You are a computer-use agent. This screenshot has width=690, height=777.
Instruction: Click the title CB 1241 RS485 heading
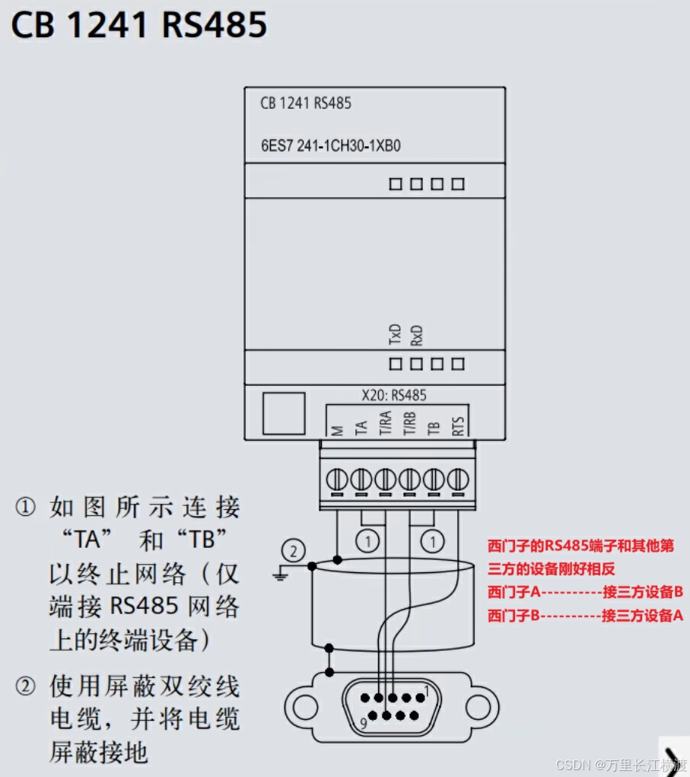(139, 26)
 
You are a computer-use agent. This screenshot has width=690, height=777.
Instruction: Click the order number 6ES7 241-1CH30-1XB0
(330, 145)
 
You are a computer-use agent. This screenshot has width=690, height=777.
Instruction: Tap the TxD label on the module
(395, 335)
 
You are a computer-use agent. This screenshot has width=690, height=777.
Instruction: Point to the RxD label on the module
(416, 335)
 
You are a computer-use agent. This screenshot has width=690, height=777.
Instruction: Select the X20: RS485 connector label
(393, 395)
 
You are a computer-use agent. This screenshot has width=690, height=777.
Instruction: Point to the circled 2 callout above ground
(294, 549)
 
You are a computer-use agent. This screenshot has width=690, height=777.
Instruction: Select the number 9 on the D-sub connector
(363, 724)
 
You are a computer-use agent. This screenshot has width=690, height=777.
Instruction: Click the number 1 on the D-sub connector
(428, 691)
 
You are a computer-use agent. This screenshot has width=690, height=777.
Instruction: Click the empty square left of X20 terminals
(284, 414)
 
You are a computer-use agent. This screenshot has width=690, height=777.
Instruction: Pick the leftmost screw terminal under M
(337, 479)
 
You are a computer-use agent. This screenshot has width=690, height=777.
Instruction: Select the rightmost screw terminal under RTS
(458, 479)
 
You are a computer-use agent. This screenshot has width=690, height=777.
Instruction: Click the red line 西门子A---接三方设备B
(585, 592)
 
